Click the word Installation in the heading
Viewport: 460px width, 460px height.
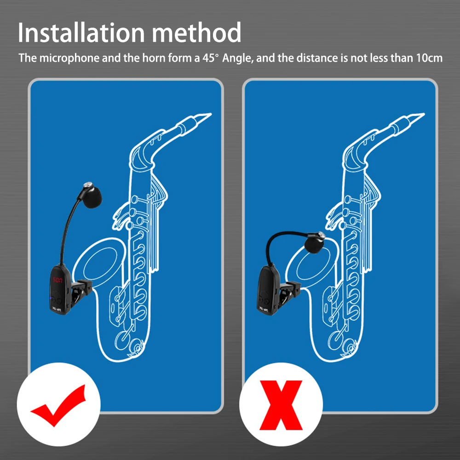coord(81,32)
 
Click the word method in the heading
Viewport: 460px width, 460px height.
coord(196,32)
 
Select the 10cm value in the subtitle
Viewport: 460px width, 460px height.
coord(429,58)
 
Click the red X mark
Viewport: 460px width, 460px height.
coord(281,405)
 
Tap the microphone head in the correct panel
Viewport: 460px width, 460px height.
coord(92,195)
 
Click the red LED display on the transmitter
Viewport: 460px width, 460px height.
coord(57,280)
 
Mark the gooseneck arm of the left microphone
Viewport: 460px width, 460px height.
coord(68,229)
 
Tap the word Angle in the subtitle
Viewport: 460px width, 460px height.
coord(238,58)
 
